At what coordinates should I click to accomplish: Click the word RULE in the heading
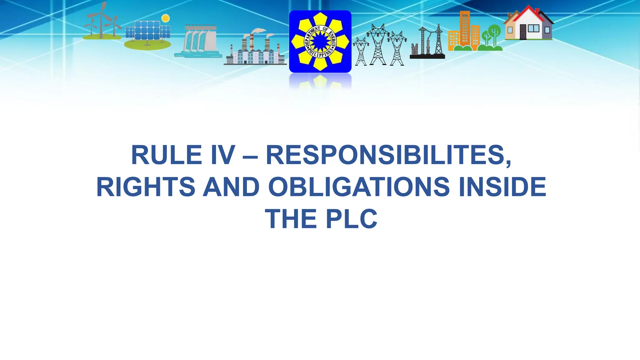[166, 155]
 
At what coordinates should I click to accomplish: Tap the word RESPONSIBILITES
[388, 155]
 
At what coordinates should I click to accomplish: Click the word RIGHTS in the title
[146, 187]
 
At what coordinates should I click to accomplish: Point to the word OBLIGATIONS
[359, 187]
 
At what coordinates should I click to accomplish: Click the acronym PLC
[352, 219]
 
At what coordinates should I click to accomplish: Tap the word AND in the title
[231, 187]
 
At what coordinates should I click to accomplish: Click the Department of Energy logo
[320, 41]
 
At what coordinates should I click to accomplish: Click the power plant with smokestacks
[255, 48]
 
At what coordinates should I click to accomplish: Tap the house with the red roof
[528, 23]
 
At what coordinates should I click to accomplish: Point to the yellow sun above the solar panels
[165, 18]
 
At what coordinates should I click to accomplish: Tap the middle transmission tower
[378, 45]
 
